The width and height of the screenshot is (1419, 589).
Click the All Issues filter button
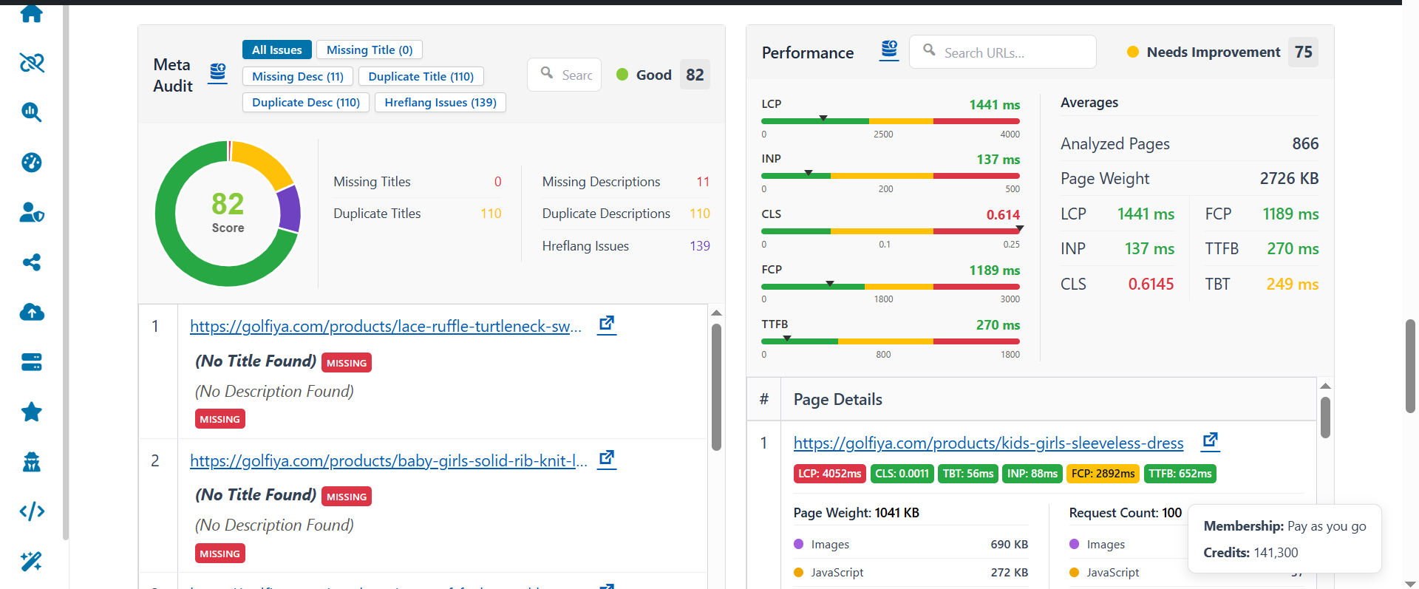coord(276,50)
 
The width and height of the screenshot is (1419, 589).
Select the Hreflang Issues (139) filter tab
coord(440,102)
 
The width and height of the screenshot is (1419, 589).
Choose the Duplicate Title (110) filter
coord(421,76)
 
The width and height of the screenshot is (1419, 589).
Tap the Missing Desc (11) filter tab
coord(297,76)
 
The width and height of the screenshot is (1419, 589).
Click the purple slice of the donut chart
coord(290,208)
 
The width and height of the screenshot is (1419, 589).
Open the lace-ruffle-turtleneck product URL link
coord(385,326)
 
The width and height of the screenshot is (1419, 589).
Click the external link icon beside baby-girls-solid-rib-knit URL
coord(607,458)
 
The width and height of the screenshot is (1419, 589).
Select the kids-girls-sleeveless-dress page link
coord(988,443)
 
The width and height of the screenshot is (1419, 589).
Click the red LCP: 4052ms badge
coord(829,474)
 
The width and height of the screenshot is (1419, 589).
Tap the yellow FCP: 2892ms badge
coord(1103,474)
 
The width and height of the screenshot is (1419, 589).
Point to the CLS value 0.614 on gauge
coord(1003,215)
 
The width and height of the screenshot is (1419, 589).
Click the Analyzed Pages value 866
coord(1304,143)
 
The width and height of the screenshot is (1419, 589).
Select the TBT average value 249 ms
coord(1292,284)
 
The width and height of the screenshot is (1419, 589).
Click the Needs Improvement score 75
coord(1303,52)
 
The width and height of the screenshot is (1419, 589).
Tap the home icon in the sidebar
coord(31,13)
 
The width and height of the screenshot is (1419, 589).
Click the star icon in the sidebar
coord(31,412)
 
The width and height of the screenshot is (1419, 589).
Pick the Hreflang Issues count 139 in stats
coord(699,246)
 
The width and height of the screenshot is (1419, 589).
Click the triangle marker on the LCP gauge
coord(823,118)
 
